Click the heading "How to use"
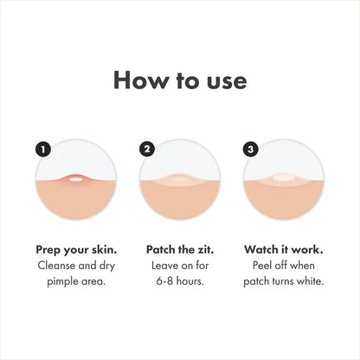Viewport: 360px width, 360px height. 180,80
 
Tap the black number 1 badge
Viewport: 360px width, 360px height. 43,149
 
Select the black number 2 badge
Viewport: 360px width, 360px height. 147,149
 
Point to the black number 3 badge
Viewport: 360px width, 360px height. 251,149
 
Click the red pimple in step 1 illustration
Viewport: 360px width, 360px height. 75,180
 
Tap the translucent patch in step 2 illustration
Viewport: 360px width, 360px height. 179,182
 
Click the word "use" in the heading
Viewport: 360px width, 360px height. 224,81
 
